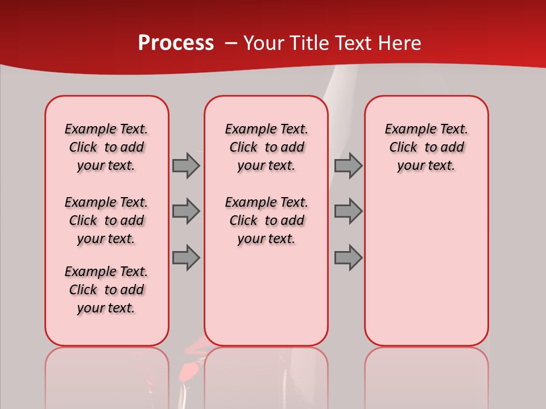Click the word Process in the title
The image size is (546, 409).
click(176, 43)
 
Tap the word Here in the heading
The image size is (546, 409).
click(400, 43)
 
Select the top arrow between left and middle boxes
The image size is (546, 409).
click(186, 165)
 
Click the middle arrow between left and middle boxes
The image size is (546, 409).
click(186, 211)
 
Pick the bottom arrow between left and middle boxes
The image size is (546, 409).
click(186, 257)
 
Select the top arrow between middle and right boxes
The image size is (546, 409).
click(348, 165)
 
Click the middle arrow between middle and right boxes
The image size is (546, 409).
click(348, 211)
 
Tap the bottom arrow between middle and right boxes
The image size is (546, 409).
click(348, 257)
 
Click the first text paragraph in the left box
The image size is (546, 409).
click(106, 147)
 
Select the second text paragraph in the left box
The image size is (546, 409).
click(106, 220)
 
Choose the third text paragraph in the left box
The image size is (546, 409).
click(106, 290)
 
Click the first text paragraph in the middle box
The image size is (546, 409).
click(266, 147)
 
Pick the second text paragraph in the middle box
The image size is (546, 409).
click(266, 220)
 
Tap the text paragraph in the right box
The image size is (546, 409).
click(426, 147)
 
